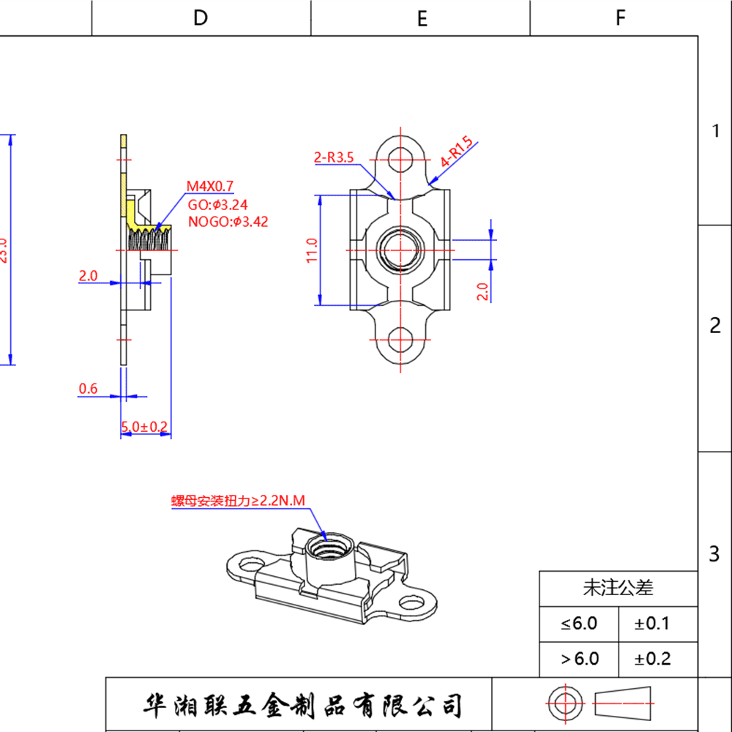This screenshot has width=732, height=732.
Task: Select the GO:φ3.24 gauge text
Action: pos(217,205)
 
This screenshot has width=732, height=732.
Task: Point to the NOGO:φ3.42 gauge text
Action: pos(228,222)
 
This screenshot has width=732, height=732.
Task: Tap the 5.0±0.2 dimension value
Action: pos(144,426)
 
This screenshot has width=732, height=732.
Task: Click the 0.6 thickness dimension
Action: pos(88,389)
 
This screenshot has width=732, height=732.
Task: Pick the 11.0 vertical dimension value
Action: pos(312,250)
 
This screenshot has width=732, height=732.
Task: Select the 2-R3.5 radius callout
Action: pos(333,157)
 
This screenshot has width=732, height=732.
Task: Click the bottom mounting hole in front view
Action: pos(400,340)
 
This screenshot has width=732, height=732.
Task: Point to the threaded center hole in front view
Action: pos(400,250)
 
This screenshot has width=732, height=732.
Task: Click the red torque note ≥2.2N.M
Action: pos(237,501)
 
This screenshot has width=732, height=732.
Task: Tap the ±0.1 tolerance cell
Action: pos(652,624)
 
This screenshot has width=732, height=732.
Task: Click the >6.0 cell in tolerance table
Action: pos(580,659)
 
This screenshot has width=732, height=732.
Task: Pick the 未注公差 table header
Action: pos(618,587)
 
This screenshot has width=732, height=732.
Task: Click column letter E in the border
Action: pos(422,19)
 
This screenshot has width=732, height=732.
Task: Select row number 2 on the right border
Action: pos(715,326)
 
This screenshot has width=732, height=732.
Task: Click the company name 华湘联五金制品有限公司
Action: pos(302,706)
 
